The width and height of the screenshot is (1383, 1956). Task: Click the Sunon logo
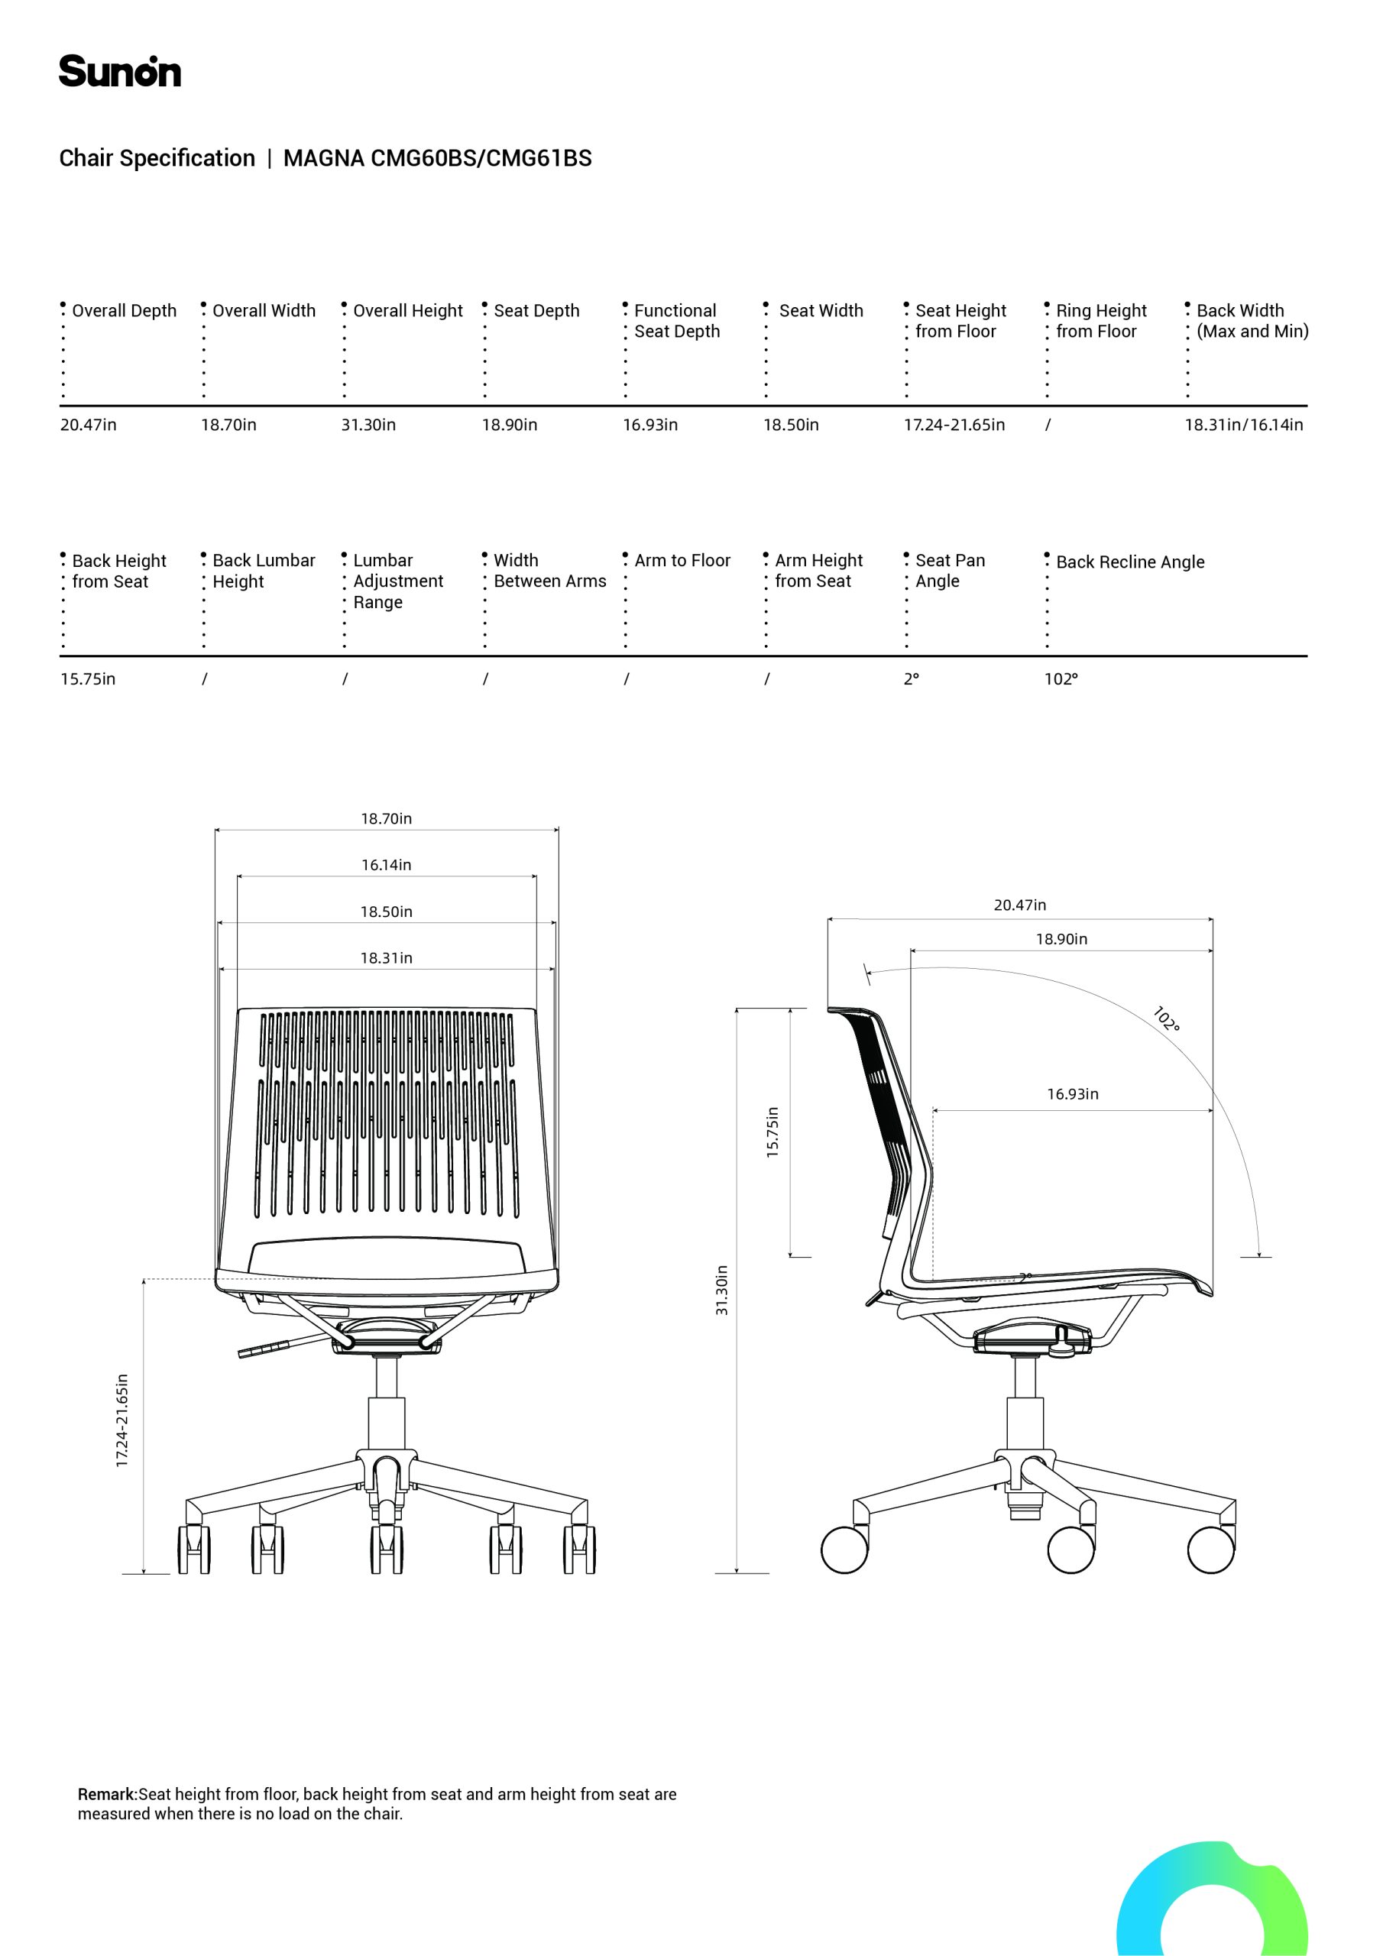coord(119,72)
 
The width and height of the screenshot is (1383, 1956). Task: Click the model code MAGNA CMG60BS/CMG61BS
coord(437,158)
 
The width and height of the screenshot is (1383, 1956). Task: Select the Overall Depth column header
coord(125,311)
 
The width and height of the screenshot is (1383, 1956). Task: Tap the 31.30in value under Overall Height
coord(368,424)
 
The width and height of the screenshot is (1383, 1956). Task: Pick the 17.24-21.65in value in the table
coord(954,424)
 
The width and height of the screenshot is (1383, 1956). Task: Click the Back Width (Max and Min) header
coord(1252,321)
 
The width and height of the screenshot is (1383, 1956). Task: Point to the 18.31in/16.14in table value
coord(1244,424)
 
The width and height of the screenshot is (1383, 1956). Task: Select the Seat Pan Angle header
coord(950,571)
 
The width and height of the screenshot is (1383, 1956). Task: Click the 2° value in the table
coord(911,679)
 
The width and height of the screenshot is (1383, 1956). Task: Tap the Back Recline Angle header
coord(1130,562)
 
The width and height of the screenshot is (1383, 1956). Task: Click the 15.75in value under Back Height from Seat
coord(88,679)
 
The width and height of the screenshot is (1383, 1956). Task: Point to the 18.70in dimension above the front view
coord(386,818)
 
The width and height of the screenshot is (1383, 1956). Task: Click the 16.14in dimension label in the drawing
coord(386,865)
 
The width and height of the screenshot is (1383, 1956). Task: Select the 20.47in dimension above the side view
coord(1020,905)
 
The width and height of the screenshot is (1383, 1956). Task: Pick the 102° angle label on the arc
coord(1166,1019)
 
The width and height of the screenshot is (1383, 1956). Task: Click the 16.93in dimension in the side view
coord(1073,1094)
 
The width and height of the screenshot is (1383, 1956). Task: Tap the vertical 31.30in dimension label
coord(722,1291)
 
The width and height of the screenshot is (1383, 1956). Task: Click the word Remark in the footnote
coord(106,1794)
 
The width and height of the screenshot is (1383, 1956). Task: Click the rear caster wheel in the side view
coord(844,1550)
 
